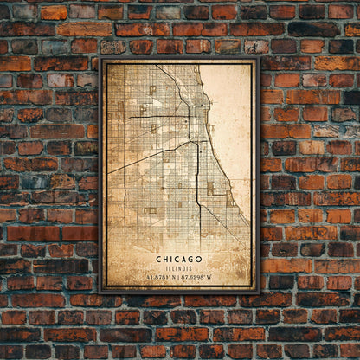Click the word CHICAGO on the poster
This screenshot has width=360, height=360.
point(180,258)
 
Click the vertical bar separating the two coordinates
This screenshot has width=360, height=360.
point(178,277)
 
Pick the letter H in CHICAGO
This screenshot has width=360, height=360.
point(166,258)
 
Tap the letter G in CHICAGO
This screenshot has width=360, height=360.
point(191,258)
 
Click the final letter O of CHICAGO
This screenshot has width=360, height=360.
point(200,258)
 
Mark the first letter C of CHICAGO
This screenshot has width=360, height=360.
point(159,258)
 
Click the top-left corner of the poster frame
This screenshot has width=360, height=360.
point(101,60)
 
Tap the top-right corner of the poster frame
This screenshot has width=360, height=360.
point(258,60)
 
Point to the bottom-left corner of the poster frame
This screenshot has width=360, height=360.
point(101,292)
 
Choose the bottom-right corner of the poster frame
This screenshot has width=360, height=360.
point(258,292)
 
